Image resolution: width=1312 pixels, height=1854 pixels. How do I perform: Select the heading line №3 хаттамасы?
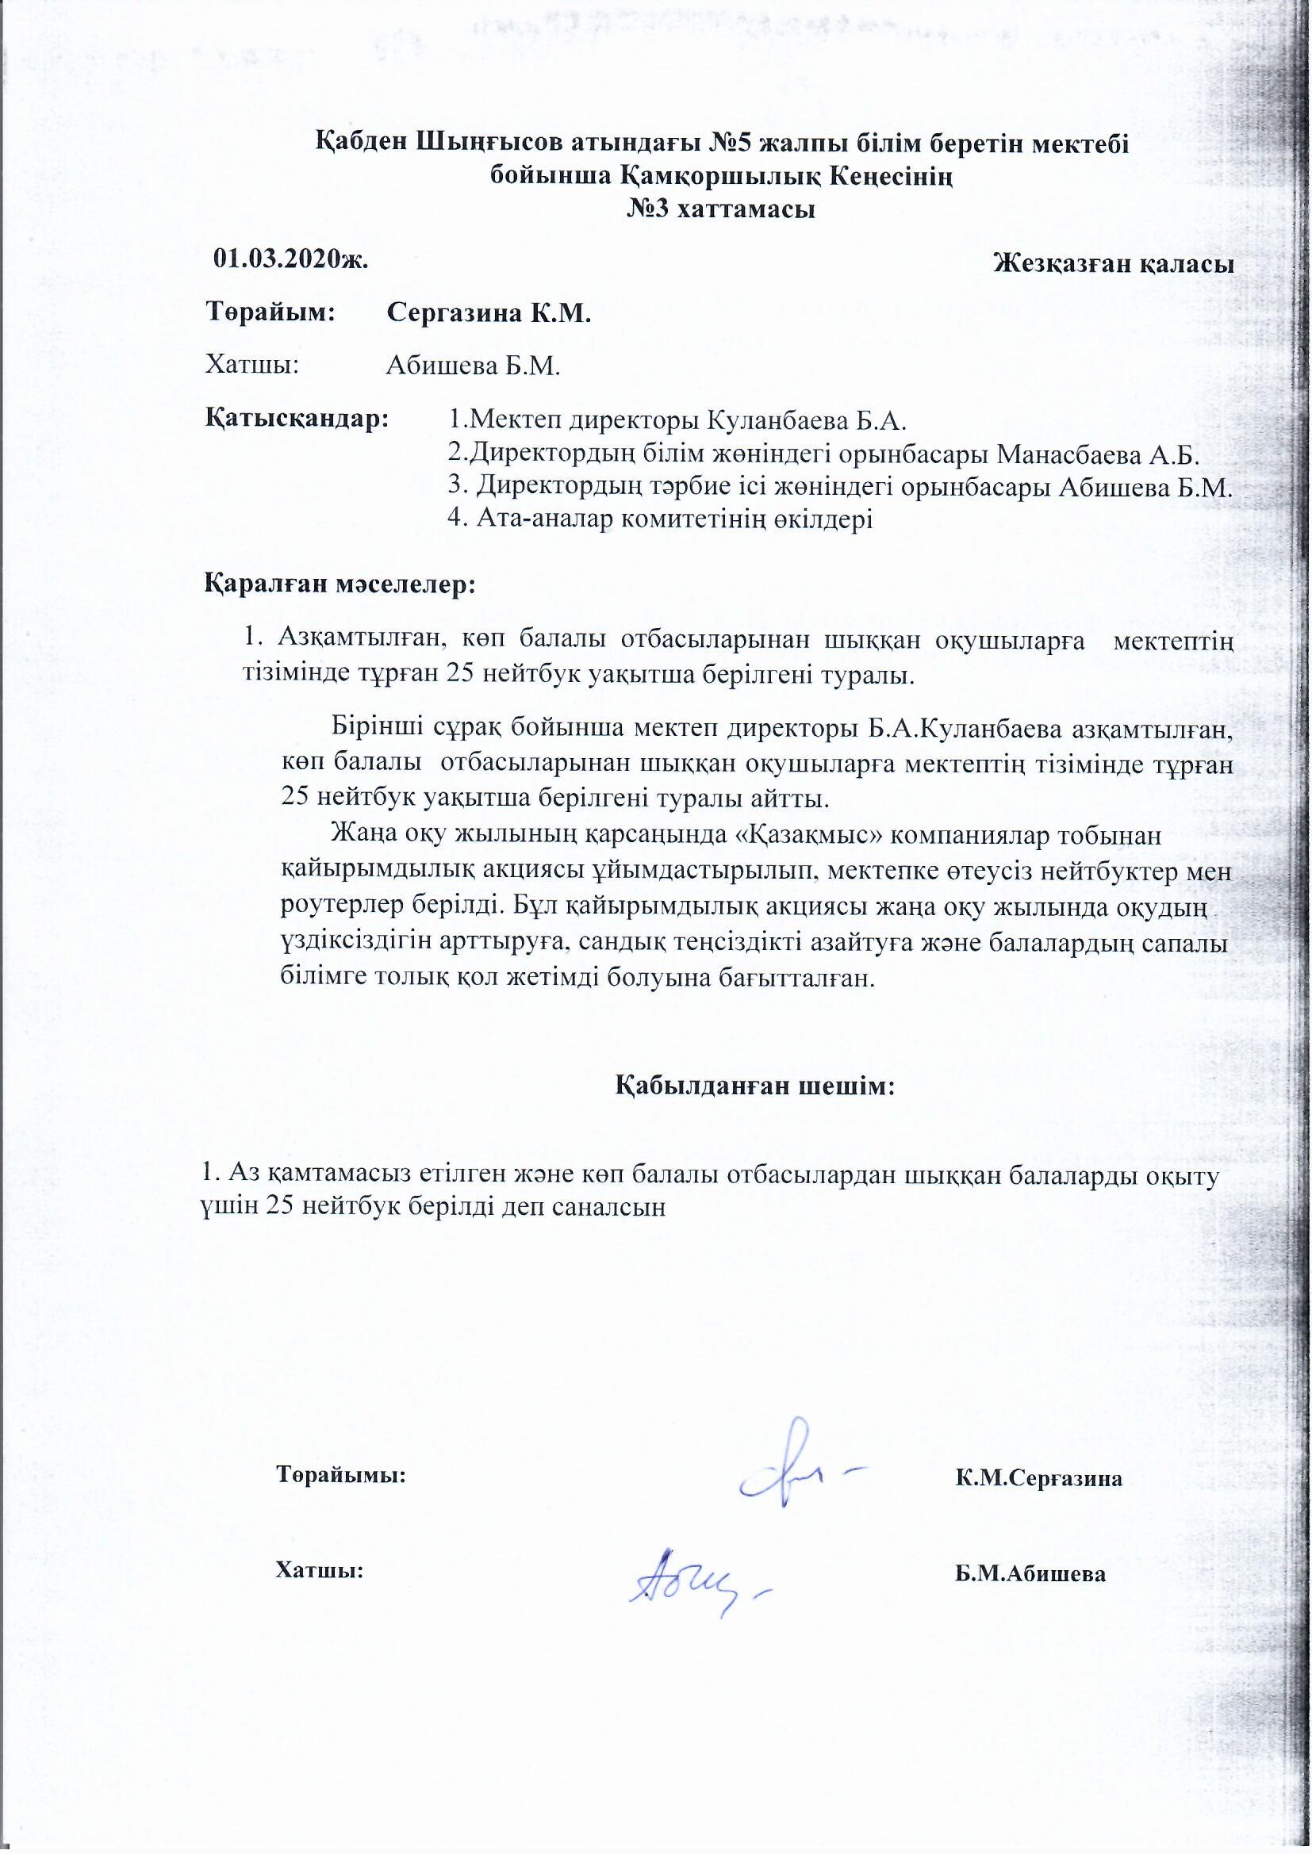coord(721,210)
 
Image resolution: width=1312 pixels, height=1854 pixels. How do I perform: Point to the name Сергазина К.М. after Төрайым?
coord(489,313)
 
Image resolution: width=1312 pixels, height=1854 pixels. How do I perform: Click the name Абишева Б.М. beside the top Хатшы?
coord(473,366)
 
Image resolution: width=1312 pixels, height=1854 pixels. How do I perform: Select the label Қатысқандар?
coord(297,420)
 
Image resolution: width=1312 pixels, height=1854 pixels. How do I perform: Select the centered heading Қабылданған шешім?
coord(756,1086)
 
